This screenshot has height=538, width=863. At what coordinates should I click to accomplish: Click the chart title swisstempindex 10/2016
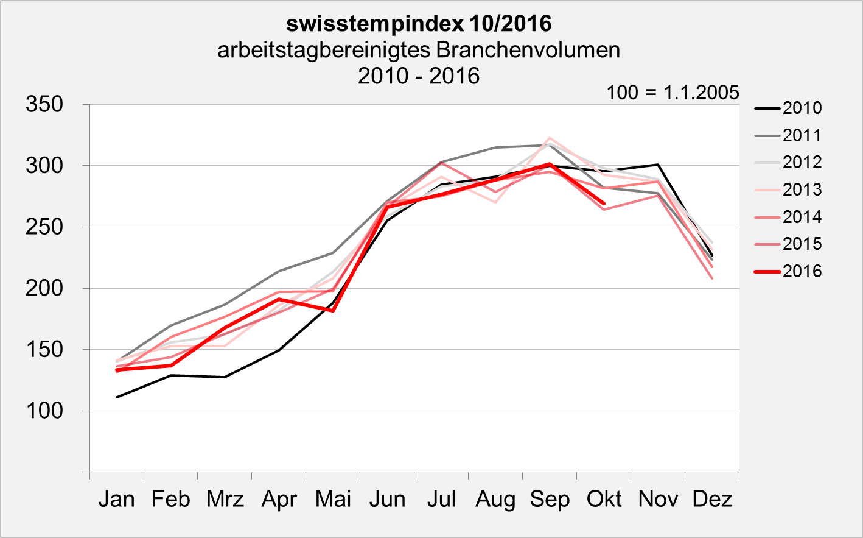tap(419, 24)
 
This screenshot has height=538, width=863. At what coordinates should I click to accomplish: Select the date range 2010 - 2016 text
tap(419, 76)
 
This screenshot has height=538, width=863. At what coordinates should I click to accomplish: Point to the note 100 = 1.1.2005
tap(673, 93)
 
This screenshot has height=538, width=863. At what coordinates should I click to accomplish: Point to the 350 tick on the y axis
tap(44, 104)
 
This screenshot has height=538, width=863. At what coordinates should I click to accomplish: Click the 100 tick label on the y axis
tap(44, 411)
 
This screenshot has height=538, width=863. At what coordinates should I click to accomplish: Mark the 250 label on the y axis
tap(44, 227)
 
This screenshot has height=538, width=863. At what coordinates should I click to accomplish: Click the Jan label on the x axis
tap(116, 499)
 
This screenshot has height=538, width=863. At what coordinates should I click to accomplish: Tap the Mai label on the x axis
tap(333, 499)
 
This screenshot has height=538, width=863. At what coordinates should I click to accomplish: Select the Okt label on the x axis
tap(604, 499)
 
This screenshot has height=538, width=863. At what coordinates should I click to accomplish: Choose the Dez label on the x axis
tap(712, 499)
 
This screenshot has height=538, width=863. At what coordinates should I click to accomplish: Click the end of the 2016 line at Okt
tap(604, 204)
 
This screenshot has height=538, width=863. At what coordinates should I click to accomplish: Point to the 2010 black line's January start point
tap(117, 397)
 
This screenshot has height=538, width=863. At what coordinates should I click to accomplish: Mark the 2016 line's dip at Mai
tap(333, 310)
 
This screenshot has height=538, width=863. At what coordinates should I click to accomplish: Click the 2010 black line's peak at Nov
tap(658, 165)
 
